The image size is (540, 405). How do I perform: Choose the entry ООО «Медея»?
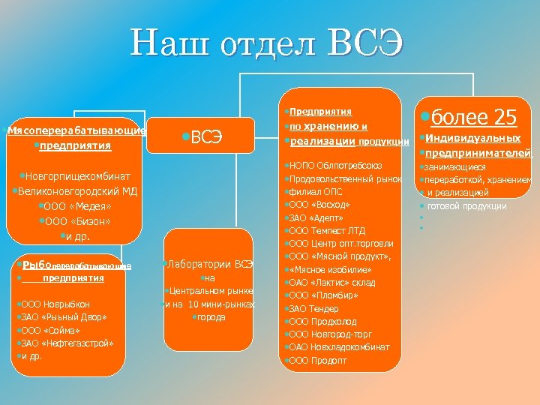(x=78, y=206)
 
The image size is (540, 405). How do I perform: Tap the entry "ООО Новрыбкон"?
(x=55, y=304)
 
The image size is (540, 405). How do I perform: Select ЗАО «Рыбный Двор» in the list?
(x=63, y=317)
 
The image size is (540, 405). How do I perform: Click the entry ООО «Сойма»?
(x=53, y=330)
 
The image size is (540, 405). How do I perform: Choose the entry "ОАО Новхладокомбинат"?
(x=339, y=347)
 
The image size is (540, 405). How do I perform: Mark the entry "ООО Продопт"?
(x=318, y=360)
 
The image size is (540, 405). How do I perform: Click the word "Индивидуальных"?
(x=472, y=138)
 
